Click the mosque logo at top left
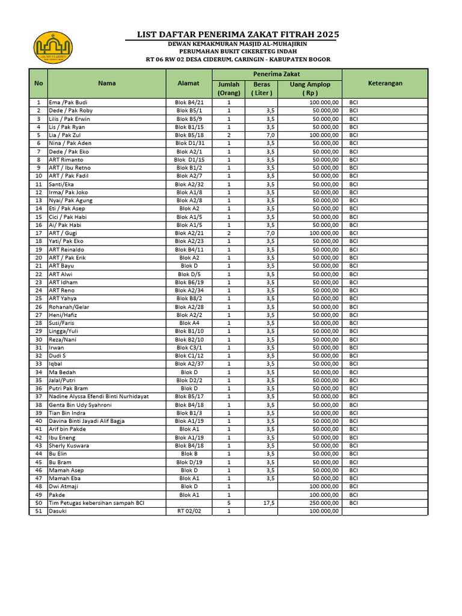53,48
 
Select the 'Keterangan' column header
385,84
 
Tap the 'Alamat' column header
189,84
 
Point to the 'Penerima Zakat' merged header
277,73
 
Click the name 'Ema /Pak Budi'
68,102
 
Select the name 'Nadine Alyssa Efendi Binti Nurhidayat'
99,396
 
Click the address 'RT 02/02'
189,511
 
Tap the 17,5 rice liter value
268,503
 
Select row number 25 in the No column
38,298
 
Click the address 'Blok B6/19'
189,282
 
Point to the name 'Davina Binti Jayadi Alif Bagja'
87,421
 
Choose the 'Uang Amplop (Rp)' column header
310,88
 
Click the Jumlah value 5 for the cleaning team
229,503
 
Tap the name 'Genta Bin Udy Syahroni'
80,405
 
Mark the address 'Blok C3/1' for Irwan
189,348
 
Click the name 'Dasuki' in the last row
58,511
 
